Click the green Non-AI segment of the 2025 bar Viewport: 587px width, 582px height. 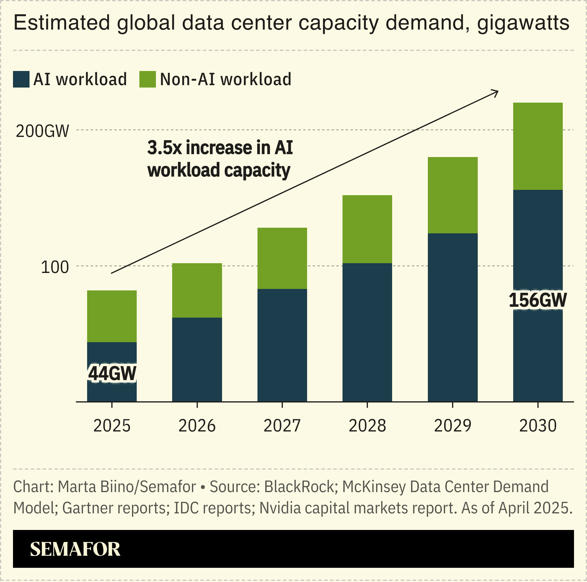[x=112, y=316]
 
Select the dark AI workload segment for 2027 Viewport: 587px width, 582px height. [x=282, y=345]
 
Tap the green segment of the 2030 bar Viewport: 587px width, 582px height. [x=538, y=146]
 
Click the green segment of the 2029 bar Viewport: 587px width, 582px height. [x=452, y=195]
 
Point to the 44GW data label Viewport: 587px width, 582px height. [x=112, y=374]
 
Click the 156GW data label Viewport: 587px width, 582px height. [x=537, y=300]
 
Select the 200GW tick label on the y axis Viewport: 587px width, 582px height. [x=42, y=131]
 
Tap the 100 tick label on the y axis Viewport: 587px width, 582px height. [x=55, y=267]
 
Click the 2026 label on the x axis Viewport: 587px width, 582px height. [x=197, y=426]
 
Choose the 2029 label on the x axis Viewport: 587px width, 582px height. [x=452, y=426]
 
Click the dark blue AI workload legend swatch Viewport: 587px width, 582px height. [x=21, y=80]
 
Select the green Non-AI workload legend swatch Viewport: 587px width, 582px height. [x=147, y=80]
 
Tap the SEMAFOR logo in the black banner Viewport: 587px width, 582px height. [x=75, y=549]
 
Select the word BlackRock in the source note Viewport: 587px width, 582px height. [x=299, y=487]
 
